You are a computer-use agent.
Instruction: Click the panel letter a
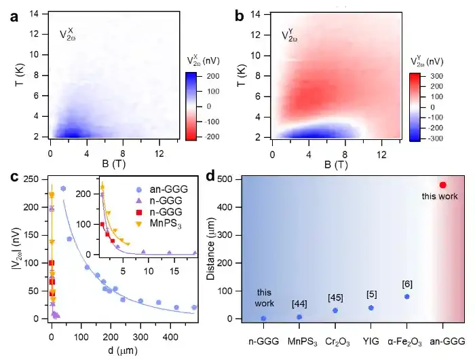point(14,16)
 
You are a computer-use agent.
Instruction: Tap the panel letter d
point(211,177)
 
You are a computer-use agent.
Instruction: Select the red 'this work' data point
point(442,185)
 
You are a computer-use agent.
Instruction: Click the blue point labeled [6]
point(407,296)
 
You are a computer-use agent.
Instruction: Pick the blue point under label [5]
point(371,308)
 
